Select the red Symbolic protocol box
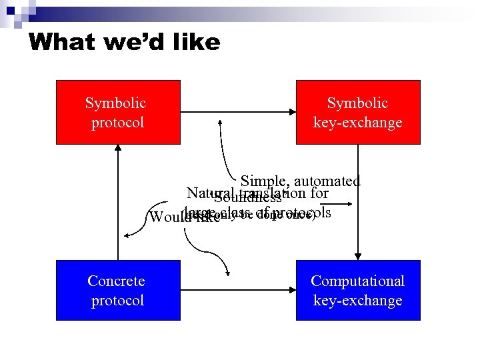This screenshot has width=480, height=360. point(117,112)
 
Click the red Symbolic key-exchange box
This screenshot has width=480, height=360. point(358,112)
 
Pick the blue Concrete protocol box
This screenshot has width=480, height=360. point(117,290)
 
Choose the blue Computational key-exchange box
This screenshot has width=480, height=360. point(358,290)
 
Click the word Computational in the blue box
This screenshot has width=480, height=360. point(358,281)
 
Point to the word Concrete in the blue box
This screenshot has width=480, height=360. point(116,281)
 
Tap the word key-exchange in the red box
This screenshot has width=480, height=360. point(358,123)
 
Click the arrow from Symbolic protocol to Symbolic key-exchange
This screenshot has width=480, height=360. point(238,112)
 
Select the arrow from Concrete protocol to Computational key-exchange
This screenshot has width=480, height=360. point(238,290)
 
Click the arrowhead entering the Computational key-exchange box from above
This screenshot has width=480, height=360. point(359,255)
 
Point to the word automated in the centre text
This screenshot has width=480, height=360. point(327,181)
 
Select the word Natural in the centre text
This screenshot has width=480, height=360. point(207,193)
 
